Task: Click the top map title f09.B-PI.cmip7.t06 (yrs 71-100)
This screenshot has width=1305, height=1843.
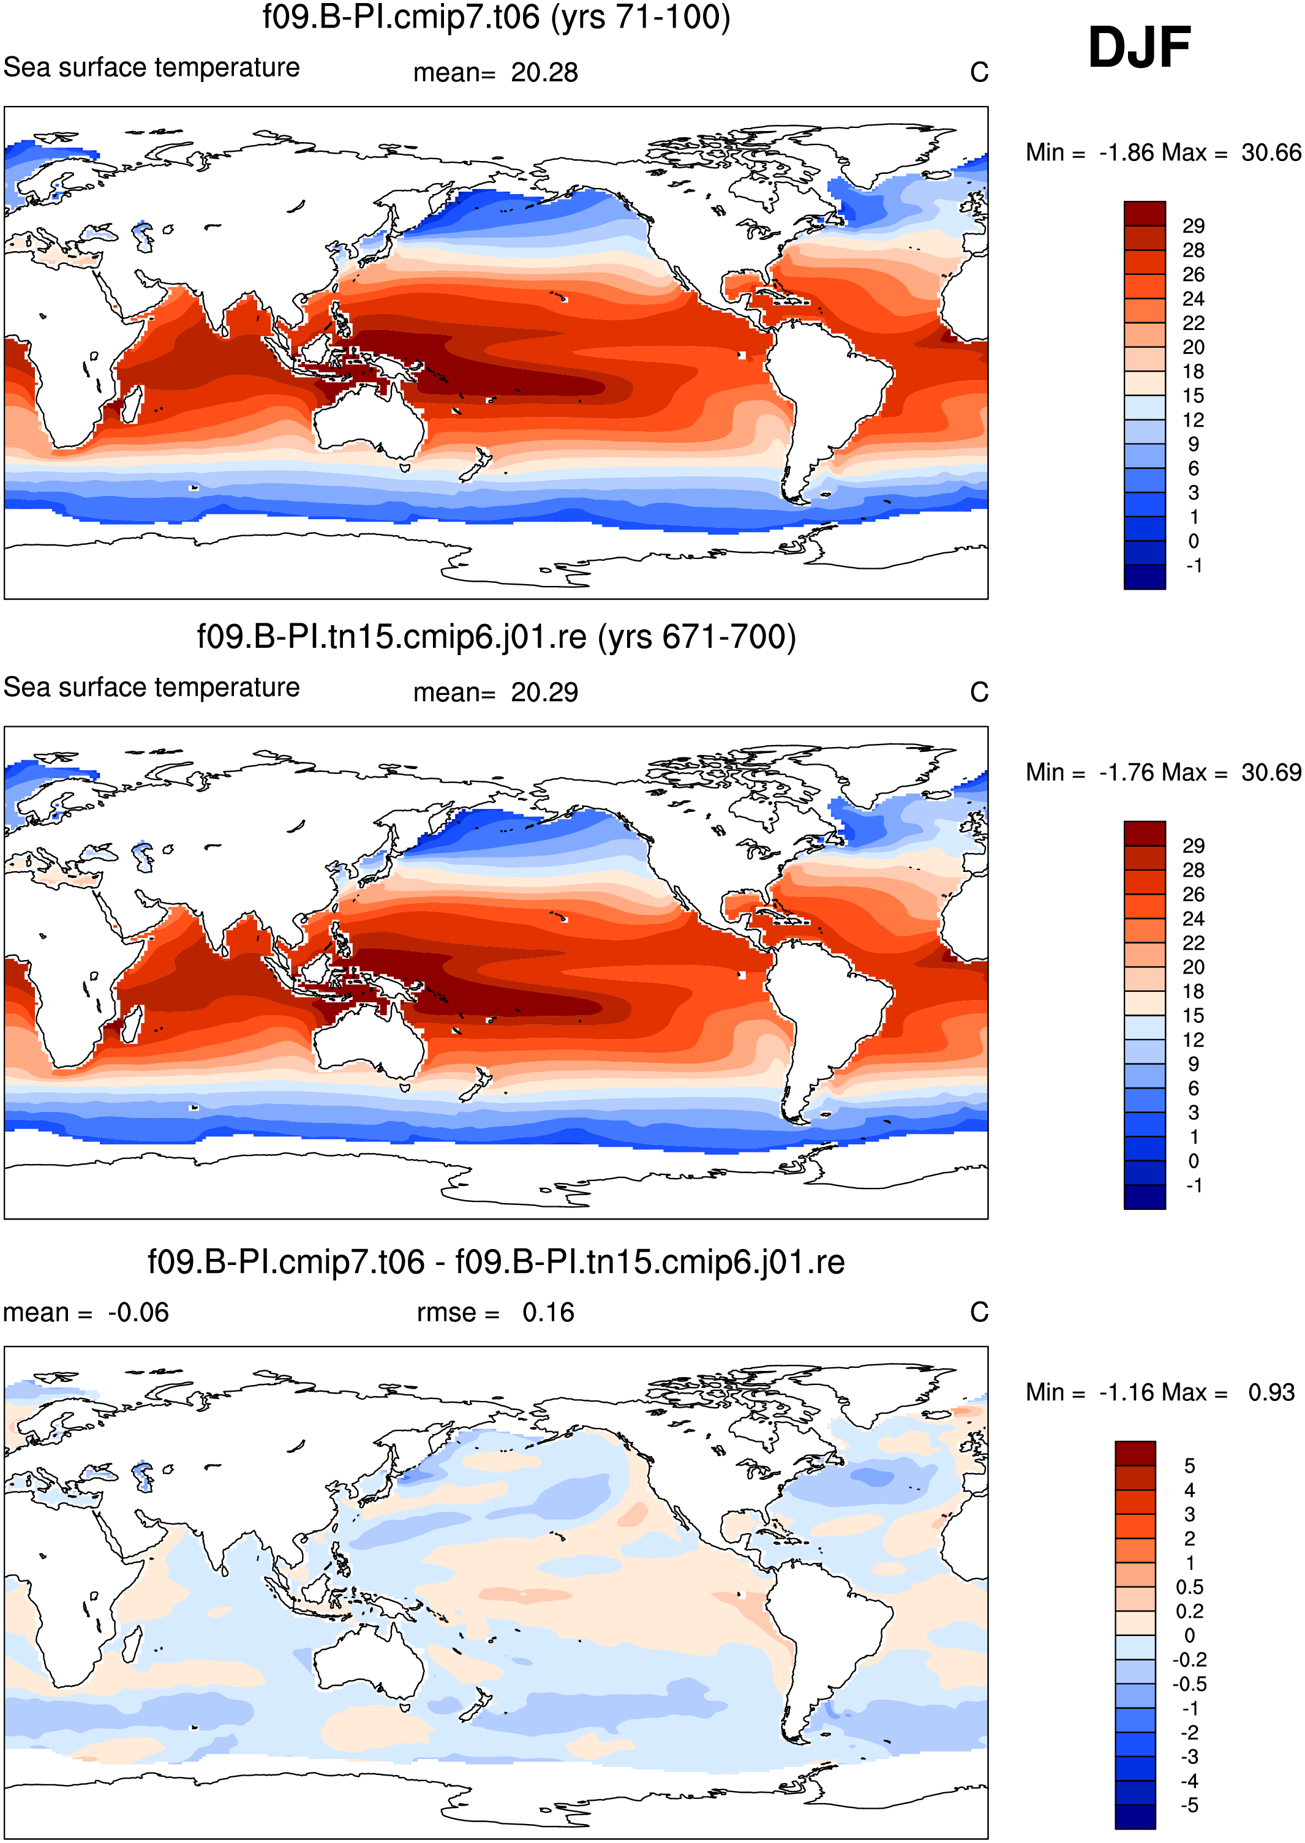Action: pos(497,17)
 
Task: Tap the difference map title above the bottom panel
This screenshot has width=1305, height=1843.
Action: pos(496,1261)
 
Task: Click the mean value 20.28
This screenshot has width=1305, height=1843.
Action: pos(544,72)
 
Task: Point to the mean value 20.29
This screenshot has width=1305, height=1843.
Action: pos(544,693)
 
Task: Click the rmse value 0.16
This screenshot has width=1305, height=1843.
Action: pos(548,1313)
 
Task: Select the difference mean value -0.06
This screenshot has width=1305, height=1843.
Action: pos(138,1313)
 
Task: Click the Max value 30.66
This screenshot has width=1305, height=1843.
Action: pos(1271,152)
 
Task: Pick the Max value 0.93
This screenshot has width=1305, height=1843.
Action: pos(1271,1393)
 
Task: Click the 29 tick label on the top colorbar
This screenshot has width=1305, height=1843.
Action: pos(1194,226)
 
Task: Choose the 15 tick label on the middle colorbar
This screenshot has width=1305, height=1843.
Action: pos(1194,1016)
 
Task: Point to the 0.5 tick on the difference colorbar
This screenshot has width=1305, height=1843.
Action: pos(1189,1588)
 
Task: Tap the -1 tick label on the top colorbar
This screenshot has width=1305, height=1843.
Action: pos(1194,566)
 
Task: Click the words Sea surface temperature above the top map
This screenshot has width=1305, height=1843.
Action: pos(151,67)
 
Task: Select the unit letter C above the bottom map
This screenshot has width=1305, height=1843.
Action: pos(979,1313)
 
